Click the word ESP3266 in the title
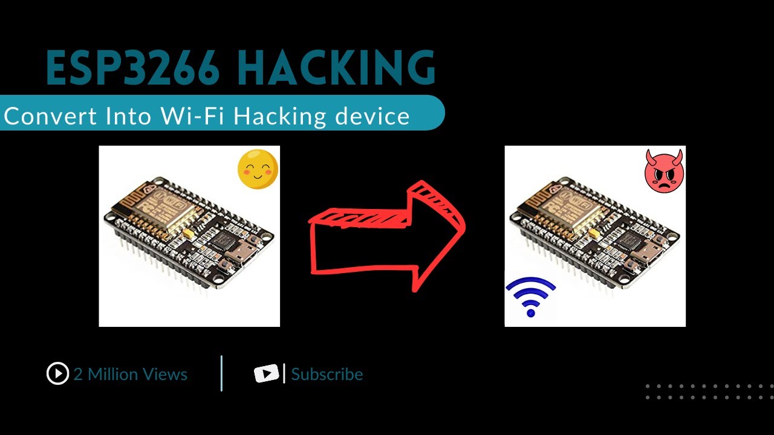click(133, 69)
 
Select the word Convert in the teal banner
click(51, 115)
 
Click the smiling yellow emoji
click(258, 170)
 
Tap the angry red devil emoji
click(664, 172)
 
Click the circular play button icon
click(57, 374)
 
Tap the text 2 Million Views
click(131, 375)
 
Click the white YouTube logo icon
click(266, 374)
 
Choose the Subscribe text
click(327, 375)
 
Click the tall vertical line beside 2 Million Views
click(222, 373)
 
